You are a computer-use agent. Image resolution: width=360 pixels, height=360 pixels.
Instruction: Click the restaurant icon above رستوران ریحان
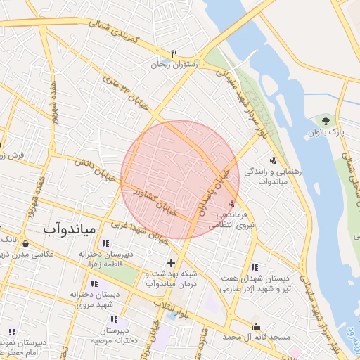(x=174, y=53)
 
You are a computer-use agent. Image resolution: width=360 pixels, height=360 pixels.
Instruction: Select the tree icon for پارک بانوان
(x=324, y=121)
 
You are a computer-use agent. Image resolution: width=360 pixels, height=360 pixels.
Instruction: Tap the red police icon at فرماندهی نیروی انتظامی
(x=232, y=203)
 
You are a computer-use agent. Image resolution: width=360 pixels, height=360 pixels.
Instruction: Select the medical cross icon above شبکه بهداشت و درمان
(x=170, y=263)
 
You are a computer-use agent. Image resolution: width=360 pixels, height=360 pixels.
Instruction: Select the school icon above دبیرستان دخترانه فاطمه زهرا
(x=105, y=244)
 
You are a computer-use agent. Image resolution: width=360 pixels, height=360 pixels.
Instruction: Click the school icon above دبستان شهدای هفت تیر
(x=253, y=267)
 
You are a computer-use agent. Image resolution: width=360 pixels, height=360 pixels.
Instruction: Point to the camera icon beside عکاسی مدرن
(x=27, y=243)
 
